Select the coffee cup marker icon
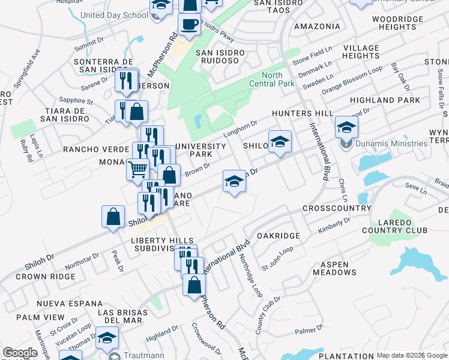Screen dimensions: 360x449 190,25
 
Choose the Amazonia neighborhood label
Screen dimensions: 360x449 318,26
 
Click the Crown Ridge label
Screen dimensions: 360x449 46,277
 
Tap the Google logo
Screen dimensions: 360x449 20,353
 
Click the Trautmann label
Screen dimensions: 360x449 145,355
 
